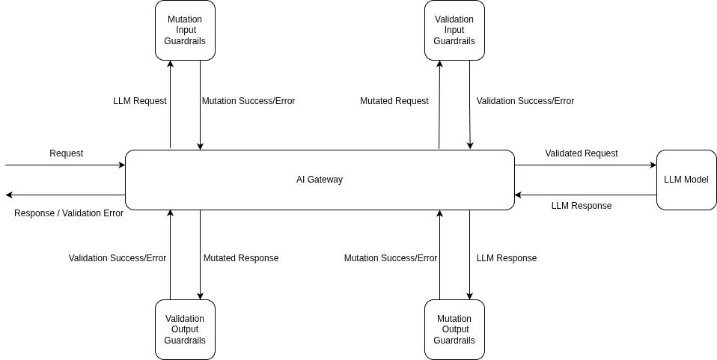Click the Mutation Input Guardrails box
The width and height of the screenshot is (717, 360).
[185, 30]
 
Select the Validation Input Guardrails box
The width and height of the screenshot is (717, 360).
[454, 30]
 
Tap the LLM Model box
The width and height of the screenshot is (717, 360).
[686, 180]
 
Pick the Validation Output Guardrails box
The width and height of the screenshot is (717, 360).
[185, 329]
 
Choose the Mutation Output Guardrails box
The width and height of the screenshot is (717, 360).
[454, 329]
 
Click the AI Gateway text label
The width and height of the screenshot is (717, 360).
[320, 180]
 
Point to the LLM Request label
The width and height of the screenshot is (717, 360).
[140, 101]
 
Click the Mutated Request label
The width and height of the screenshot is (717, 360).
[394, 101]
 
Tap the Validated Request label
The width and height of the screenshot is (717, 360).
[582, 153]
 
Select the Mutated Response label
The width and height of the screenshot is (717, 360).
[241, 258]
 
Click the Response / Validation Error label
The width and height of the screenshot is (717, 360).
[69, 213]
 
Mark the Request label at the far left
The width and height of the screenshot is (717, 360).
[67, 153]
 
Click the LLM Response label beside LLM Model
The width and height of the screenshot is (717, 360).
[582, 206]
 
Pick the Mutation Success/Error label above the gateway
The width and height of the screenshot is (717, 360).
[248, 101]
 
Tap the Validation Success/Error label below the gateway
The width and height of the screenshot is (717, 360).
[118, 258]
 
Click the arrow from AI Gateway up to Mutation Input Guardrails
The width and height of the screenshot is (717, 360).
[170, 105]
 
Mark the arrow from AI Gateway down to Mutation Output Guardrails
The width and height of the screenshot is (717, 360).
[469, 254]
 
